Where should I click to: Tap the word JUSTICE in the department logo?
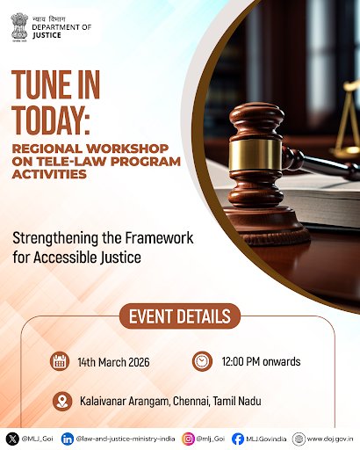pyautogui.click(x=48, y=37)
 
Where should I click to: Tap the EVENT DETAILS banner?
pyautogui.click(x=180, y=315)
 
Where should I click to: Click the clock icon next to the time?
pyautogui.click(x=202, y=360)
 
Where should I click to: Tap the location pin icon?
pyautogui.click(x=61, y=401)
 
